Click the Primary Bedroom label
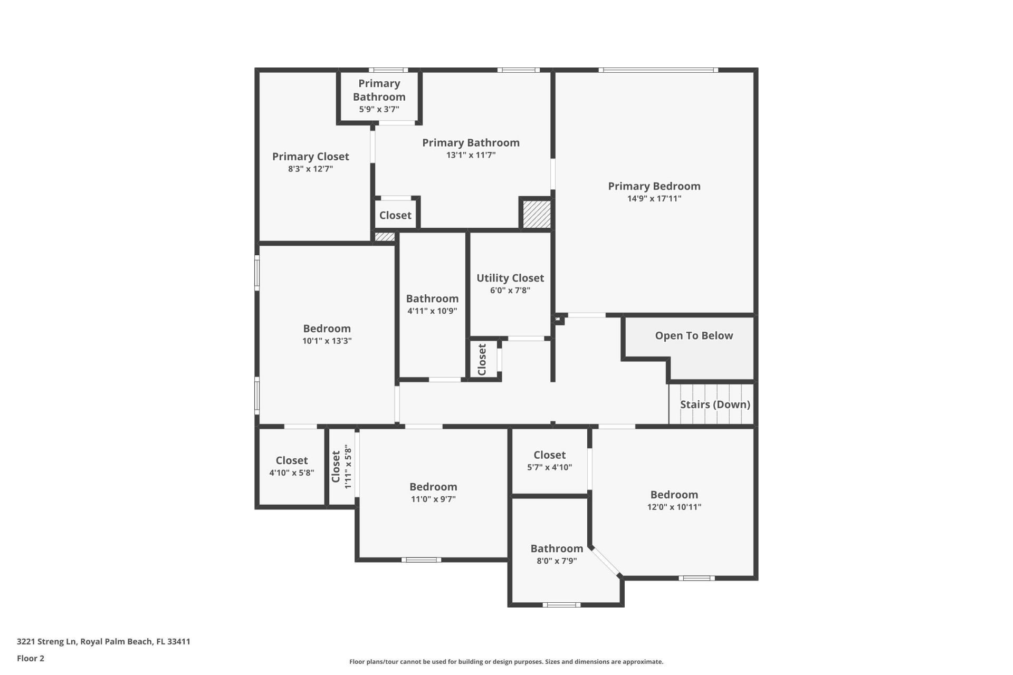654,186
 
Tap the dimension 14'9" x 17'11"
654,199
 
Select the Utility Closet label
510,278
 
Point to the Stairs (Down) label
714,404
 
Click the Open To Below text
693,336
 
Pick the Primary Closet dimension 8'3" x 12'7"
310,169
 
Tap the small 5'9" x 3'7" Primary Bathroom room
379,97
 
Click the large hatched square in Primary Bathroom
537,214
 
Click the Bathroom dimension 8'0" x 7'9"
556,561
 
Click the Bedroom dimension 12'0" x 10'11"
674,507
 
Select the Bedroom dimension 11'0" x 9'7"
433,499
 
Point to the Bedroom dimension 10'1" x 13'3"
327,341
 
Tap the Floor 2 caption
31,659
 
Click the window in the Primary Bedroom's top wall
657,70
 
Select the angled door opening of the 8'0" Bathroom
605,562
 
